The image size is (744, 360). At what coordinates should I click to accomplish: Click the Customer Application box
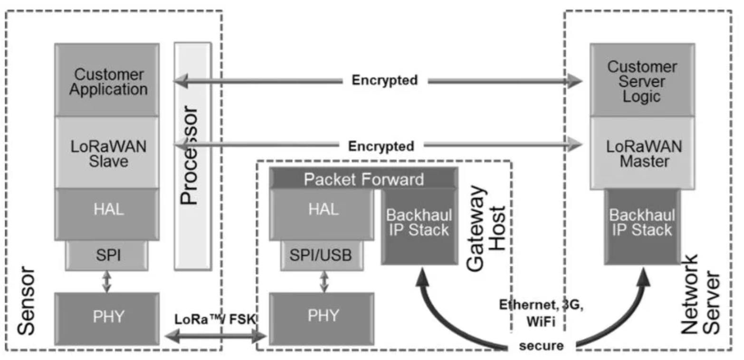[x=107, y=80]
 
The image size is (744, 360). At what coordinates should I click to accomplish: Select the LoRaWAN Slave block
[x=107, y=153]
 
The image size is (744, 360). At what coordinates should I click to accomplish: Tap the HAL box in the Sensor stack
[x=107, y=215]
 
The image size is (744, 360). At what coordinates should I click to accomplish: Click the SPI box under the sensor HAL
[x=107, y=256]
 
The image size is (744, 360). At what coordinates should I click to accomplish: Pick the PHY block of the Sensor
[x=107, y=319]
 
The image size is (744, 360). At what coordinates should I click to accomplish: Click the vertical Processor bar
[x=193, y=156]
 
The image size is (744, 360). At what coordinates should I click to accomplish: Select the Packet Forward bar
[x=364, y=179]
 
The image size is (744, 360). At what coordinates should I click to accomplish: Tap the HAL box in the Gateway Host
[x=322, y=215]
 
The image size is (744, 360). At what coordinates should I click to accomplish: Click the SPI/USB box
[x=322, y=256]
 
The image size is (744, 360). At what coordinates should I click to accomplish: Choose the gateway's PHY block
[x=322, y=319]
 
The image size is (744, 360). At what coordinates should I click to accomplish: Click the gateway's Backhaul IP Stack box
[x=420, y=227]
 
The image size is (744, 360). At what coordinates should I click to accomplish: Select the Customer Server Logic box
[x=642, y=80]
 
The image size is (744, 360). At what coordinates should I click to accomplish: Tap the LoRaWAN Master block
[x=642, y=153]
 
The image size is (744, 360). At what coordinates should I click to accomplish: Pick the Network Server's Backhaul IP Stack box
[x=642, y=227]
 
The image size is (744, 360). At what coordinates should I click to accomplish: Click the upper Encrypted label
[x=385, y=80]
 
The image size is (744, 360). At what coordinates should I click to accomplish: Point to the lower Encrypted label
[x=381, y=146]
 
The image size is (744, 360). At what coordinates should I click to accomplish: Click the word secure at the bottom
[x=542, y=346]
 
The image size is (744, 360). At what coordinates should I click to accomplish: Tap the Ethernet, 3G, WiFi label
[x=541, y=313]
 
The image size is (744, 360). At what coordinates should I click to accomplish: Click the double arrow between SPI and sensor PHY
[x=106, y=282]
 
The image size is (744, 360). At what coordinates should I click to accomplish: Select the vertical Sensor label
[x=26, y=301]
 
